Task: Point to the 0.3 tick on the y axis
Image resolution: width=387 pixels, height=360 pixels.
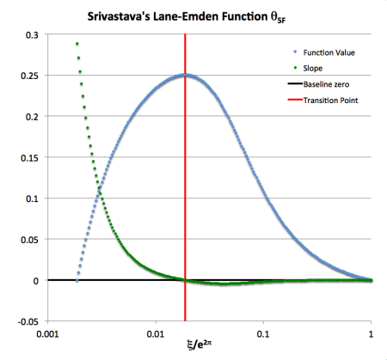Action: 32,34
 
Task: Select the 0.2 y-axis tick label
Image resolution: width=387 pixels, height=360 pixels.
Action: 32,117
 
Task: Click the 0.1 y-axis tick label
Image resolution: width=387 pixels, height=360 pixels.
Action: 32,198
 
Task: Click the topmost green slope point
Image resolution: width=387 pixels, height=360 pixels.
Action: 77,44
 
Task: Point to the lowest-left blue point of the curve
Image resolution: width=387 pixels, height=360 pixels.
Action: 77,280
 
